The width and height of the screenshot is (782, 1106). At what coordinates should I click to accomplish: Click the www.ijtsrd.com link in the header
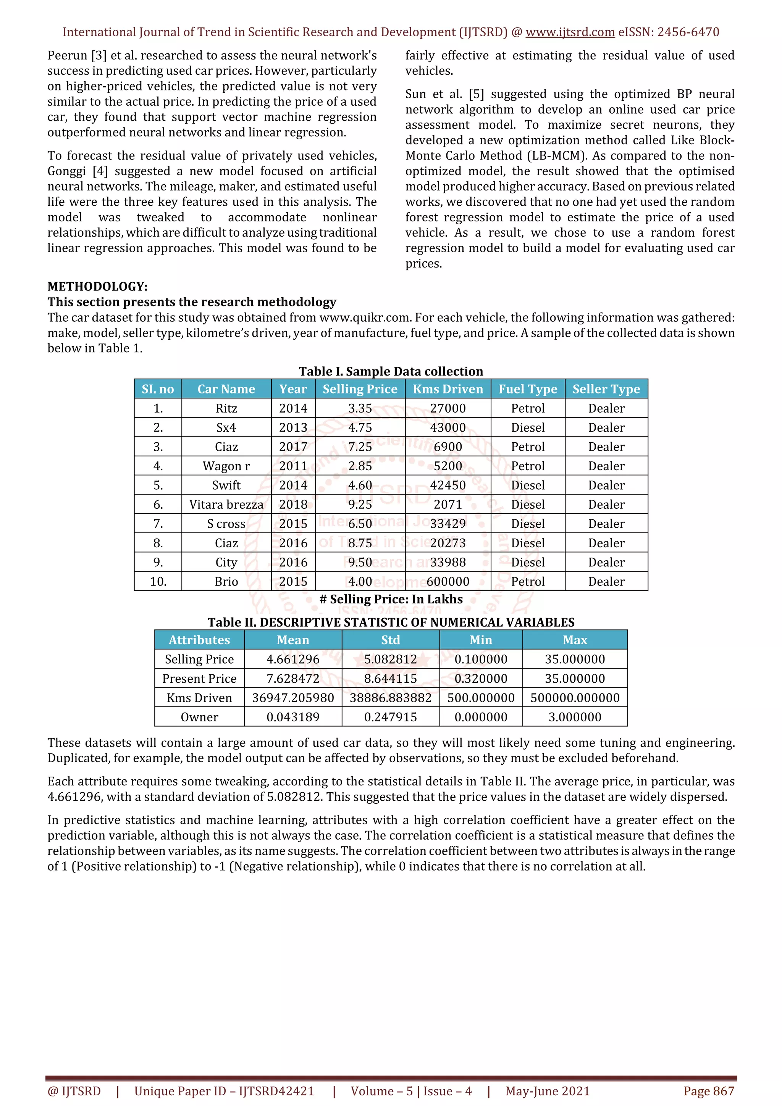pyautogui.click(x=570, y=32)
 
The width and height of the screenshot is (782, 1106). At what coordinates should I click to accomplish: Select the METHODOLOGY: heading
pyautogui.click(x=97, y=287)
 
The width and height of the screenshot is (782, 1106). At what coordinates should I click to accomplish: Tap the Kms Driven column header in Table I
pyautogui.click(x=448, y=389)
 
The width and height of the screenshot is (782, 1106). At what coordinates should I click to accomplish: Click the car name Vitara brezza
pyautogui.click(x=226, y=505)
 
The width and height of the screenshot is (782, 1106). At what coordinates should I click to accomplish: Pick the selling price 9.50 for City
pyautogui.click(x=360, y=562)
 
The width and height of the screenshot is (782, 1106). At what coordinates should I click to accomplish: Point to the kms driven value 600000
pyautogui.click(x=448, y=581)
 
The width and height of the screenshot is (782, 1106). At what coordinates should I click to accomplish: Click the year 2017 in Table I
pyautogui.click(x=293, y=447)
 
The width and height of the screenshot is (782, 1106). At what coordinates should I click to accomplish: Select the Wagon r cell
pyautogui.click(x=226, y=466)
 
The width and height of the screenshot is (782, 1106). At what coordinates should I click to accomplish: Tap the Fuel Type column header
pyautogui.click(x=528, y=389)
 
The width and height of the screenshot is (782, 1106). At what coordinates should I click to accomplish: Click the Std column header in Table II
pyautogui.click(x=390, y=640)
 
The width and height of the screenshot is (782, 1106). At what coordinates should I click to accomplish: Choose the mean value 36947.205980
pyautogui.click(x=293, y=698)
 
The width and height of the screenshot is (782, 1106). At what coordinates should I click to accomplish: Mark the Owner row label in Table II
pyautogui.click(x=199, y=717)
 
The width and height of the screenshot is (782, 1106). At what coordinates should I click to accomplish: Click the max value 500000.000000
pyautogui.click(x=575, y=698)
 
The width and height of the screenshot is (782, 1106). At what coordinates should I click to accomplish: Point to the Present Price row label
pyautogui.click(x=199, y=678)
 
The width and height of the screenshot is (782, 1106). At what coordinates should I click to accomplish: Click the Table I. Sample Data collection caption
pyautogui.click(x=391, y=371)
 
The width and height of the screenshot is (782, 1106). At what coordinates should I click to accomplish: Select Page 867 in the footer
pyautogui.click(x=709, y=1091)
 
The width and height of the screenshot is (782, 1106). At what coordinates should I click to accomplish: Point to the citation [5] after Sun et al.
pyautogui.click(x=477, y=94)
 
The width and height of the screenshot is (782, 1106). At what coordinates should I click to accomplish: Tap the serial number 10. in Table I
pyautogui.click(x=158, y=581)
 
